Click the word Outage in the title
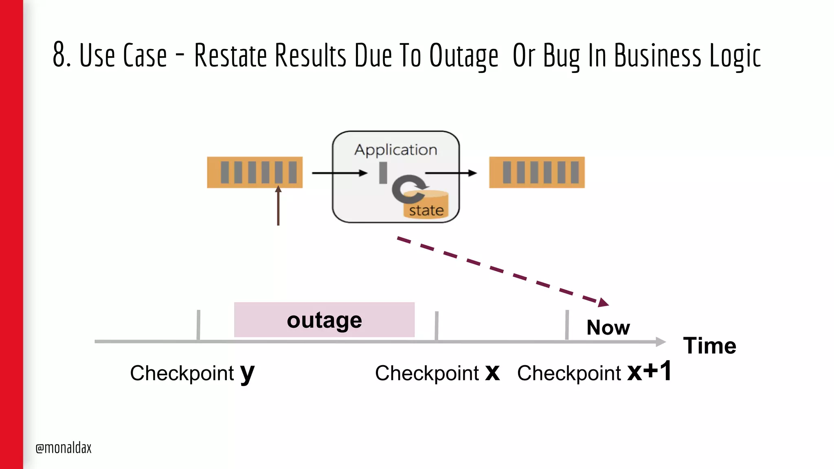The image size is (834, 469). [463, 56]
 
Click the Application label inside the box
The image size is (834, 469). [395, 149]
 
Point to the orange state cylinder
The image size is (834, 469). [426, 206]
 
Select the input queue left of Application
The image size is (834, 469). [255, 172]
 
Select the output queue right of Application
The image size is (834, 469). [537, 172]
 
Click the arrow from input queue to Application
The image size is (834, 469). [339, 173]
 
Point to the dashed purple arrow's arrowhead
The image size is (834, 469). [604, 303]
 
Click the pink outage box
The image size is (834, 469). [324, 320]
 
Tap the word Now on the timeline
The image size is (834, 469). [608, 327]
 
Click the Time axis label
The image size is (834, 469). [709, 346]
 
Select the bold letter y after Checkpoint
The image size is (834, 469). [247, 373]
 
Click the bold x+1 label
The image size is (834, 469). [649, 371]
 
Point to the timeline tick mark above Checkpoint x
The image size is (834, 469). [436, 326]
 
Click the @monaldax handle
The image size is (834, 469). [64, 448]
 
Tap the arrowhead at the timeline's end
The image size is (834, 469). [661, 342]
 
